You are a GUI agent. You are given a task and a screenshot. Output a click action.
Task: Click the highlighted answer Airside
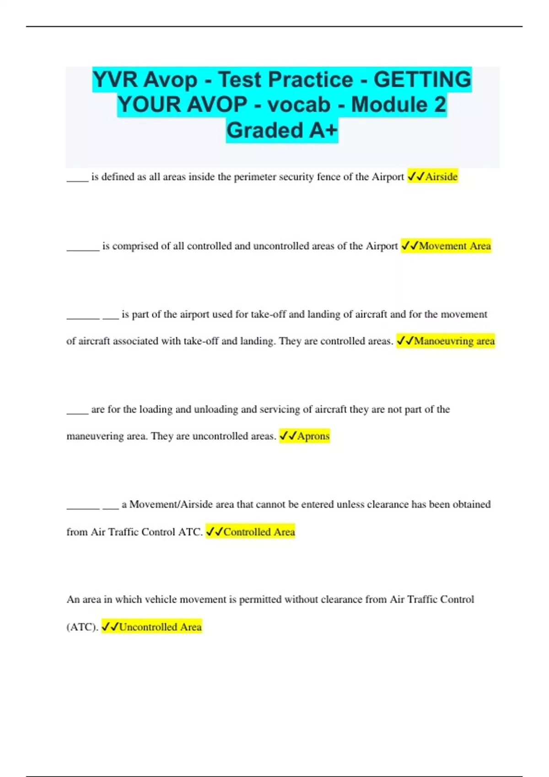pyautogui.click(x=441, y=177)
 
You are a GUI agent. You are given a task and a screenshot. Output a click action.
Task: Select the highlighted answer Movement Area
pyautogui.click(x=455, y=246)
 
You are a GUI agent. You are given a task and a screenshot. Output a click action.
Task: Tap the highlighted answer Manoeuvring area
pyautogui.click(x=454, y=341)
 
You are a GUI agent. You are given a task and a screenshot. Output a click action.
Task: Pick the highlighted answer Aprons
pyautogui.click(x=313, y=436)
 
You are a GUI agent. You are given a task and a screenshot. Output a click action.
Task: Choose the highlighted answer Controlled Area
pyautogui.click(x=259, y=532)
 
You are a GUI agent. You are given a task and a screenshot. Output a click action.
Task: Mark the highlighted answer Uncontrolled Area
pyautogui.click(x=160, y=627)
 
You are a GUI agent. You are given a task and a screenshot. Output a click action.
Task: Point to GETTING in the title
pyautogui.click(x=422, y=80)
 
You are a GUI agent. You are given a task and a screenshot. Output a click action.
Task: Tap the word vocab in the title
pyautogui.click(x=299, y=105)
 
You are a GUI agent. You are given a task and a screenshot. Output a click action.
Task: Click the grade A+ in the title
pyautogui.click(x=323, y=130)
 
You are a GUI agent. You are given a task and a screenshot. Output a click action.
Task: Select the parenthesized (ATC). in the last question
pyautogui.click(x=82, y=627)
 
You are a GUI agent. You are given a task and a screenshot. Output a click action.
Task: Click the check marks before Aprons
pyautogui.click(x=288, y=436)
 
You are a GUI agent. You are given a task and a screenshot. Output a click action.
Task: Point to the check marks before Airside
pyautogui.click(x=416, y=177)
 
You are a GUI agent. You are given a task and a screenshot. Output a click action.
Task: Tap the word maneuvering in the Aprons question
pyautogui.click(x=95, y=436)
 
